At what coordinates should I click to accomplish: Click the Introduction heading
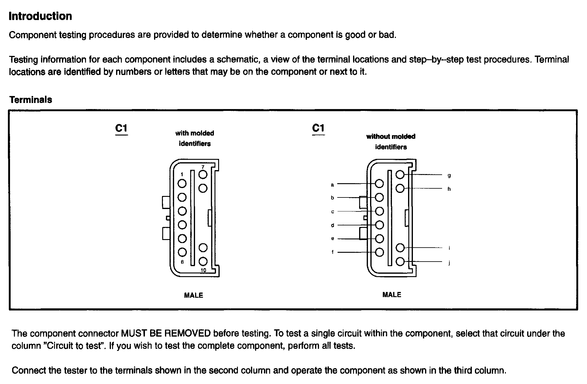click(40, 16)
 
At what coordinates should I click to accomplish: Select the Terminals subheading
click(31, 100)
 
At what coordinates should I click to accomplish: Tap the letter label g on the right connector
click(449, 176)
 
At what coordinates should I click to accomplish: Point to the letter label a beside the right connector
click(332, 185)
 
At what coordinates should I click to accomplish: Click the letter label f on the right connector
click(333, 252)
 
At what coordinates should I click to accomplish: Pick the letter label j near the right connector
click(449, 263)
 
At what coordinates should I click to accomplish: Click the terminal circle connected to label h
click(400, 189)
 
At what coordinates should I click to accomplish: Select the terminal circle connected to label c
click(379, 211)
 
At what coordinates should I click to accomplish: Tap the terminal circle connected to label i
click(400, 248)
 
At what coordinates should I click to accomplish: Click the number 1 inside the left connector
click(182, 174)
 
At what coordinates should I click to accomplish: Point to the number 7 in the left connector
click(203, 167)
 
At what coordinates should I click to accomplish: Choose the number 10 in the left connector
click(203, 270)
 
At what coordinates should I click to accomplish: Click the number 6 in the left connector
click(182, 262)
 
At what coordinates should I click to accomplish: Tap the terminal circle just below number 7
click(203, 175)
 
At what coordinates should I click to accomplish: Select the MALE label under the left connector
click(194, 295)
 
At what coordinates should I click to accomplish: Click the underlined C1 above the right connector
click(318, 128)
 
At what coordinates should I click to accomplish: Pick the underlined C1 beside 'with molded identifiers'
click(121, 129)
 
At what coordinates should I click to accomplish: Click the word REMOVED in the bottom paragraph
click(187, 334)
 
